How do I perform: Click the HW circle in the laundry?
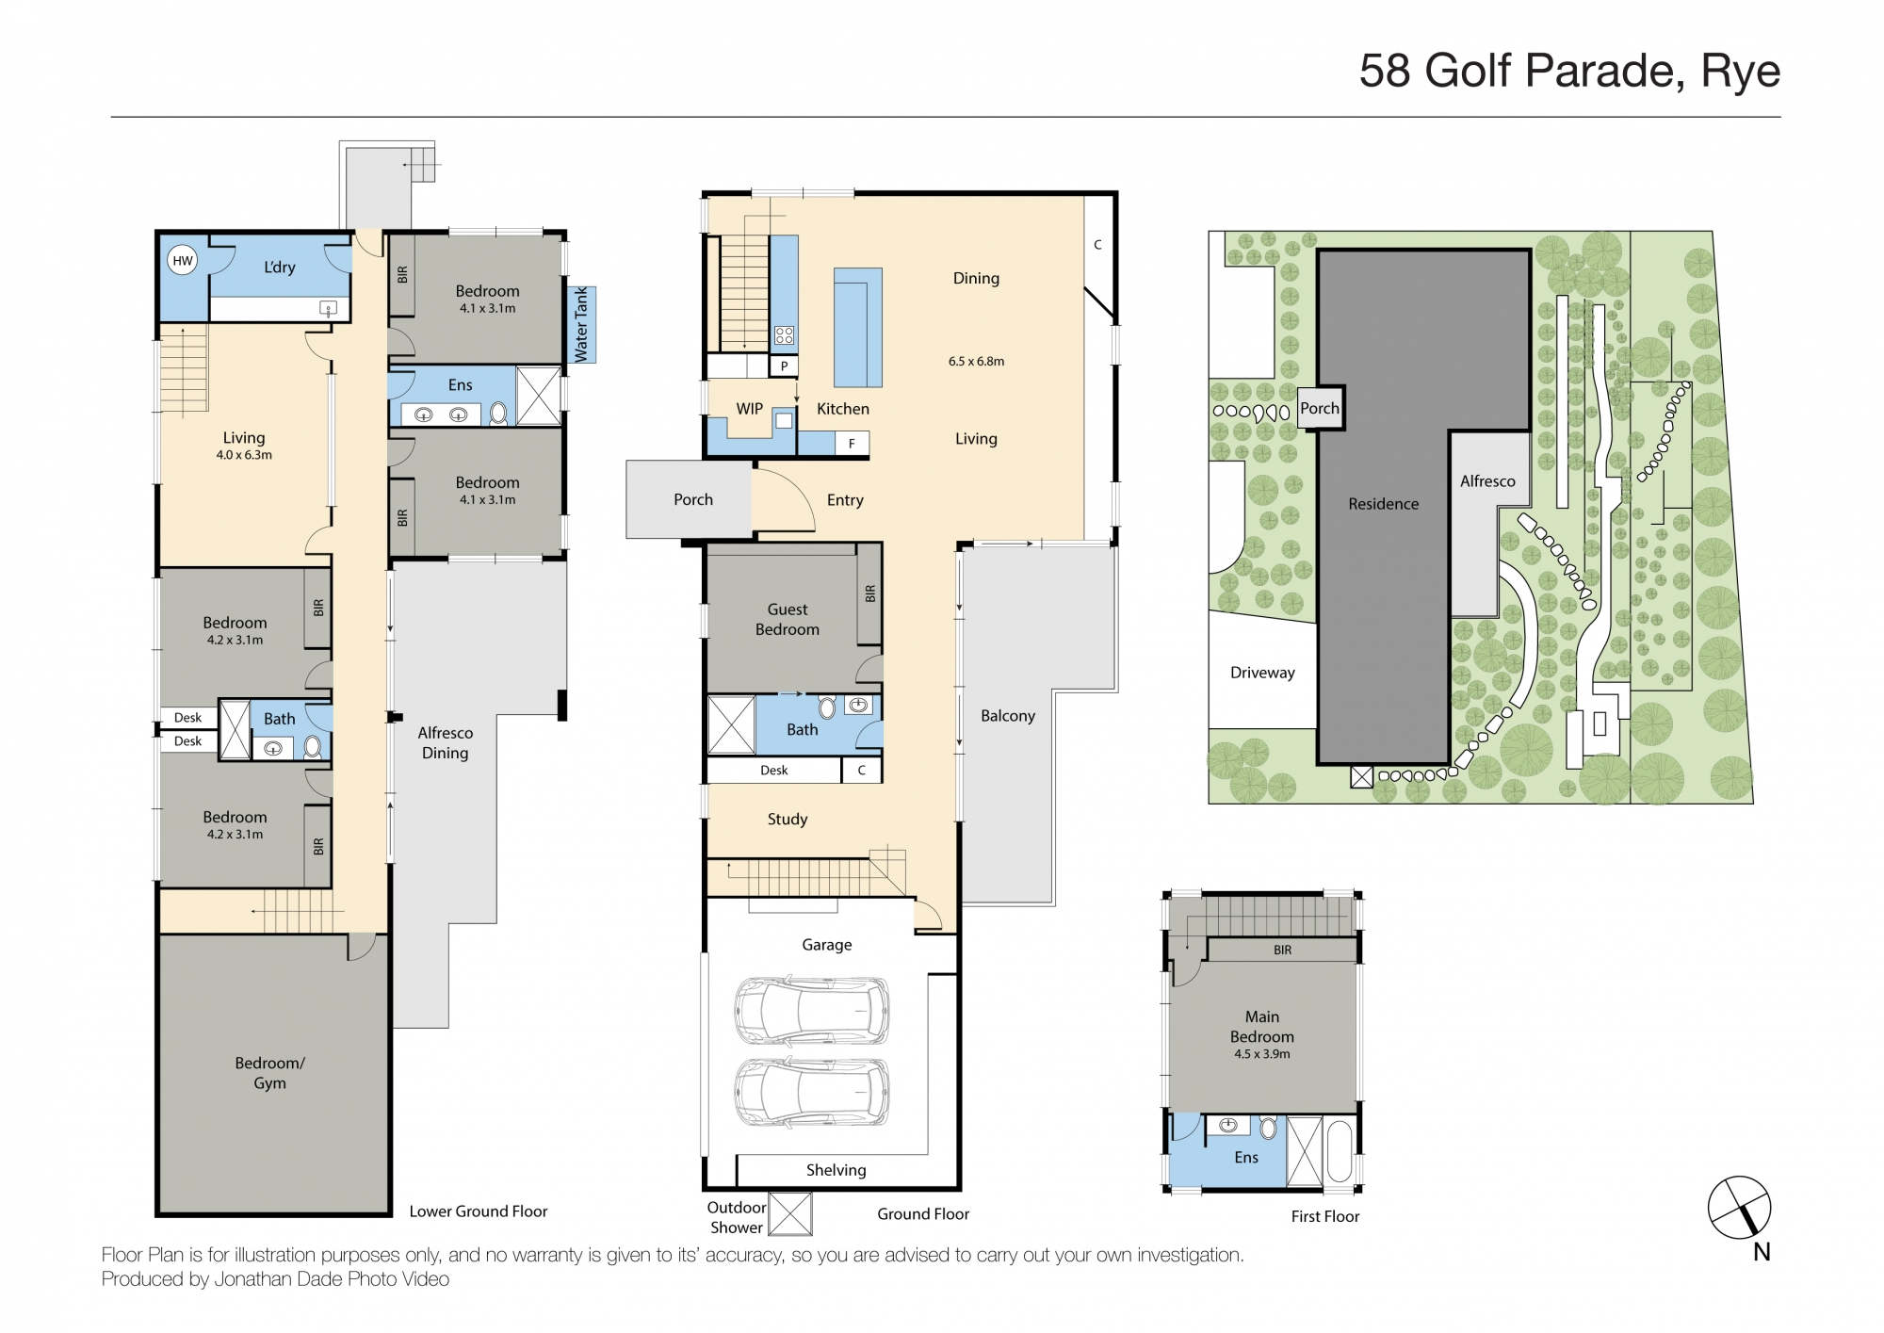click(183, 261)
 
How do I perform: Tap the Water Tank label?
click(581, 324)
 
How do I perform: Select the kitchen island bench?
click(857, 327)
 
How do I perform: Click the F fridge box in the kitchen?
click(852, 444)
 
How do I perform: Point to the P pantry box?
click(784, 366)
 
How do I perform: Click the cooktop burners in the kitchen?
click(784, 334)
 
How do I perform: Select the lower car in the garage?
click(811, 1093)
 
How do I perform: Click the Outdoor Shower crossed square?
click(790, 1214)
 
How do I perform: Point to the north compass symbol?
click(1740, 1208)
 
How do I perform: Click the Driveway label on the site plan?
click(1262, 673)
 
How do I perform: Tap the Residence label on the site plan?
click(1383, 504)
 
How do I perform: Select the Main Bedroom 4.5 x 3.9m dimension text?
click(1262, 1054)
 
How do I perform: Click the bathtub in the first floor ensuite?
click(1339, 1151)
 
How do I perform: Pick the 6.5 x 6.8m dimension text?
click(976, 361)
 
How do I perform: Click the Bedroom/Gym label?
click(269, 1073)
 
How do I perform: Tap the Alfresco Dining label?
click(446, 742)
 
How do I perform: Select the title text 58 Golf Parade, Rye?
click(1569, 71)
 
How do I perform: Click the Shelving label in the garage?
click(836, 1170)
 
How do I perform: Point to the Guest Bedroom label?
click(788, 619)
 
